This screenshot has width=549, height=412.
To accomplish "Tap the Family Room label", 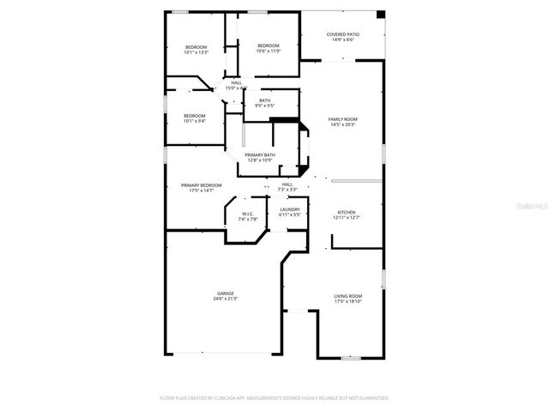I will click(342, 120).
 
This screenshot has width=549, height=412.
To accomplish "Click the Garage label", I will click(225, 294).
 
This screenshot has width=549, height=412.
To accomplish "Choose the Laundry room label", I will click(289, 211).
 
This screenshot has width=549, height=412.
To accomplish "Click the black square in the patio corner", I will click(381, 15).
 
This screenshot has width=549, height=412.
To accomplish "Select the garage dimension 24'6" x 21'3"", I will click(225, 298).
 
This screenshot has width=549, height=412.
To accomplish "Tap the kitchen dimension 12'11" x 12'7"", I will click(346, 217).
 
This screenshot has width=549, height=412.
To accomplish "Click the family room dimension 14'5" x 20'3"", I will click(342, 124).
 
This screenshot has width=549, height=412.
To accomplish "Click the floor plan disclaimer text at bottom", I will click(274, 398).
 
